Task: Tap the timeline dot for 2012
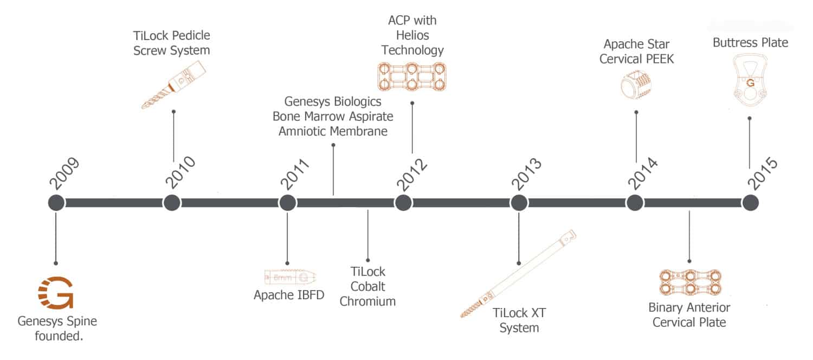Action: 403,203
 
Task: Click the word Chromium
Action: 367,301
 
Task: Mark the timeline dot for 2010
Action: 172,203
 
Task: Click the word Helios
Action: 412,35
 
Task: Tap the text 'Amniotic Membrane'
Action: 333,131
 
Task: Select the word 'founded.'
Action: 57,336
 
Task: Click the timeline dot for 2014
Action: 635,203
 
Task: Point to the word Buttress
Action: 733,43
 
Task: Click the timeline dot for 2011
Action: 287,203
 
